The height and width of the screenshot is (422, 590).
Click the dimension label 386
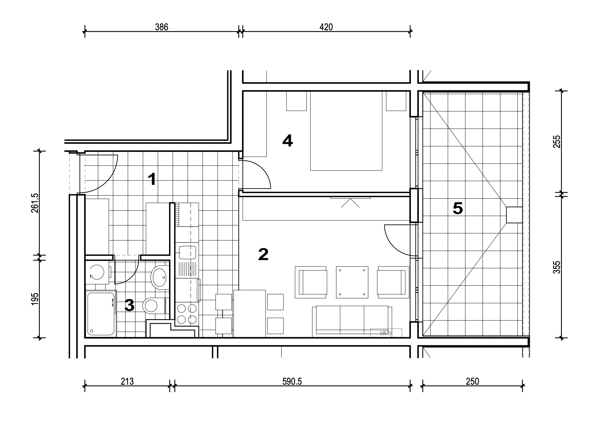coord(161,27)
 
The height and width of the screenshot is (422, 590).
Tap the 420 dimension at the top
coord(326,27)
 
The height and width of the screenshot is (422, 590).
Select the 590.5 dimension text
coord(292,381)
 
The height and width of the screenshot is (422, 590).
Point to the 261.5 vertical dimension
coord(35,203)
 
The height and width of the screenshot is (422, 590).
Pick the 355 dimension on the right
coord(557,267)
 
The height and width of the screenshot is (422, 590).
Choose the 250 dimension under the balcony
coord(472,381)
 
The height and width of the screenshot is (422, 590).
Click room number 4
coord(288,141)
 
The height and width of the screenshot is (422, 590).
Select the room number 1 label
coord(152,179)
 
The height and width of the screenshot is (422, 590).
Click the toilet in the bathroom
coord(154,306)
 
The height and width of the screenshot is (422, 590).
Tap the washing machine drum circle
coord(97,272)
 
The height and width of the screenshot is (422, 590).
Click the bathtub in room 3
coord(101,314)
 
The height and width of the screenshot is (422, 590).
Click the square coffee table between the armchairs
coord(352,282)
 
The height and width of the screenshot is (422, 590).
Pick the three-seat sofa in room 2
coord(352,322)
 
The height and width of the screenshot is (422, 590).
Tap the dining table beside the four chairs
coord(250,314)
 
